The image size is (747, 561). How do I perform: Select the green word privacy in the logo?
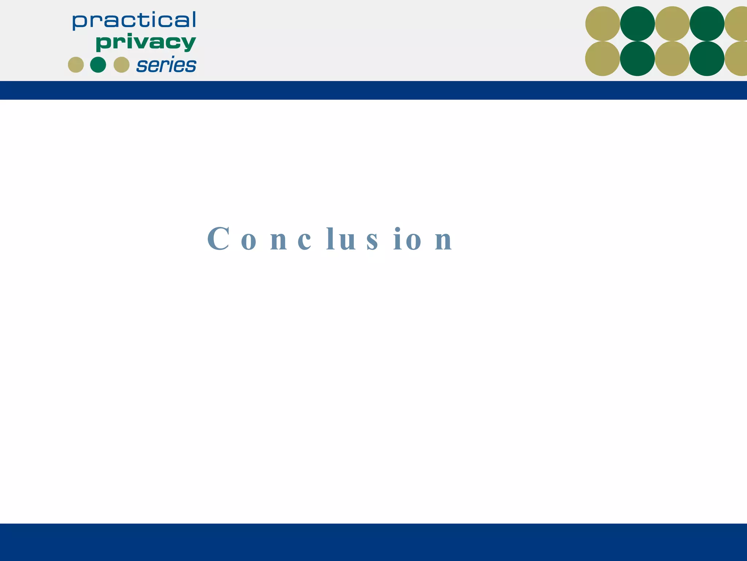pos(146,43)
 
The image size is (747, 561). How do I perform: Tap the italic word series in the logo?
pos(166,65)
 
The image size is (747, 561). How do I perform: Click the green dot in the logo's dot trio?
pos(98,65)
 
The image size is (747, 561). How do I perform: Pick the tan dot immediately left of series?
pos(121,65)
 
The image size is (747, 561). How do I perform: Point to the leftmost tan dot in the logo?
pos(76,65)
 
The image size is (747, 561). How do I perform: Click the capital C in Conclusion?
pos(218,239)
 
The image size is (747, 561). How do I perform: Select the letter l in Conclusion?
pos(330,239)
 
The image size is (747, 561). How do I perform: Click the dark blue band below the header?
pos(373,90)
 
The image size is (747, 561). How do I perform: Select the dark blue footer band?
pos(373,542)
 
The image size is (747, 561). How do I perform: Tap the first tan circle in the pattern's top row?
pos(603,24)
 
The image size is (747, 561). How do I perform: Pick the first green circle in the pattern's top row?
pos(638,24)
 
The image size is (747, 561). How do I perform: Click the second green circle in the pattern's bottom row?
pos(707,58)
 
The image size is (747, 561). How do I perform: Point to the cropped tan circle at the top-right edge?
pos(737,24)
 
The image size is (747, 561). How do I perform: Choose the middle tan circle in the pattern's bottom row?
pos(672,58)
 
